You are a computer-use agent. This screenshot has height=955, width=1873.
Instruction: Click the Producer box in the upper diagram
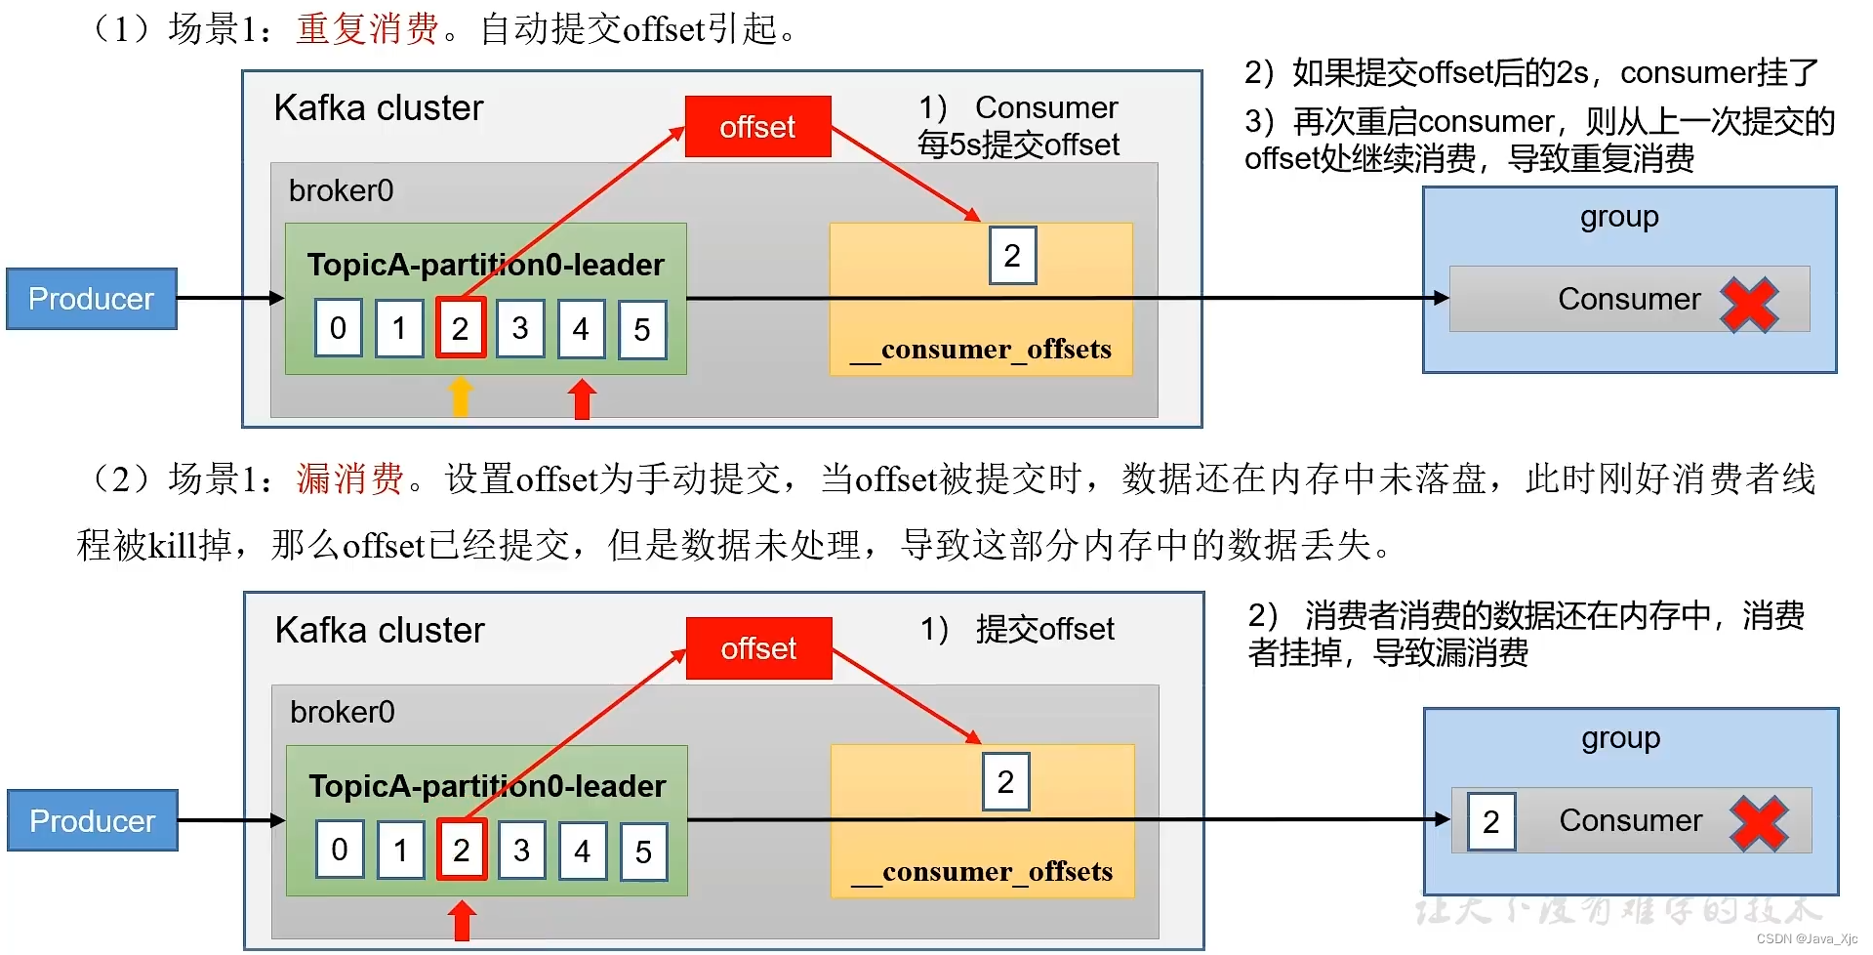(x=91, y=299)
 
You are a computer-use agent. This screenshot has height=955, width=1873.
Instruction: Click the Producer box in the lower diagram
(x=92, y=820)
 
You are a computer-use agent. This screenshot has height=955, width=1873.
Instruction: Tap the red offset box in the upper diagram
(x=757, y=127)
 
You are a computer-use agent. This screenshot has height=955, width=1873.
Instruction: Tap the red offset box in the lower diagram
(x=758, y=648)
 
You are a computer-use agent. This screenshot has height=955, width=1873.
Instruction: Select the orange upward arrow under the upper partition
(x=460, y=397)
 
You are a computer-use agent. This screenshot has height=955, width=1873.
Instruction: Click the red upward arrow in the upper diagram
(x=582, y=398)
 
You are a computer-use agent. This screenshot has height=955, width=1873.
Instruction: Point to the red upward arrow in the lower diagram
(x=462, y=920)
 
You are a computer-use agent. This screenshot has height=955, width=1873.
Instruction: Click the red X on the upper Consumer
(x=1749, y=305)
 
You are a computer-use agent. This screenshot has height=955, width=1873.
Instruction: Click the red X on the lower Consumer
(x=1759, y=823)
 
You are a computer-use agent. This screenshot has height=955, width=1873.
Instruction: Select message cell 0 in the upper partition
(x=338, y=328)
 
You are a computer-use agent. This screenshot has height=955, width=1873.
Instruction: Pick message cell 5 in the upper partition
(x=641, y=329)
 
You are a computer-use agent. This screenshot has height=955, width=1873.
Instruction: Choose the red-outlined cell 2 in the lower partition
(x=462, y=851)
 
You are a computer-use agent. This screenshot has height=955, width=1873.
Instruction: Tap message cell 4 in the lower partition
(x=582, y=851)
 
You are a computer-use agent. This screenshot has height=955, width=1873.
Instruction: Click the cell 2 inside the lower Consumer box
(x=1490, y=821)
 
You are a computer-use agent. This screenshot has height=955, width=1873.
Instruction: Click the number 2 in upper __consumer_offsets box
(x=1012, y=256)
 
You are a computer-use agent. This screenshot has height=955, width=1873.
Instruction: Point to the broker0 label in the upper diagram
(x=341, y=190)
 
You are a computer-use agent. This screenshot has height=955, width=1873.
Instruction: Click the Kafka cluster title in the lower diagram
(x=380, y=630)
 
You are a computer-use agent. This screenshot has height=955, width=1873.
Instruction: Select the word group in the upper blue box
(x=1619, y=217)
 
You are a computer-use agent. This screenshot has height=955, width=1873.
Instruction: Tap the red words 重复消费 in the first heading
(x=367, y=28)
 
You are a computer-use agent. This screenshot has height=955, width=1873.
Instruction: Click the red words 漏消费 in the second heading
(x=349, y=478)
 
